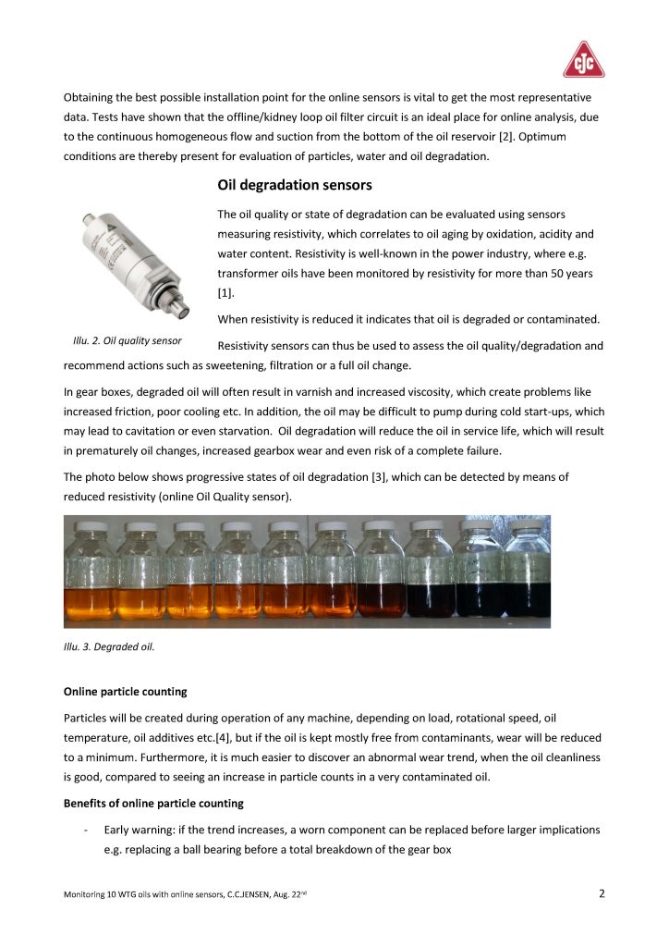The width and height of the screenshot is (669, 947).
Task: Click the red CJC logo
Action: [x=584, y=60]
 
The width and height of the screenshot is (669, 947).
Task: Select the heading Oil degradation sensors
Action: [x=295, y=186]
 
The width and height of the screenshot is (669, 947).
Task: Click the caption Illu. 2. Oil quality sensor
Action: [x=127, y=341]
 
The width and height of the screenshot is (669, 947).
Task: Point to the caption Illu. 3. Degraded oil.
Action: [x=108, y=646]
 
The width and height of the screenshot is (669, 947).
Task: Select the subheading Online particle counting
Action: [x=125, y=691]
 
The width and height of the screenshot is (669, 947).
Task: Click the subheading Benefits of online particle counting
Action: [x=153, y=803]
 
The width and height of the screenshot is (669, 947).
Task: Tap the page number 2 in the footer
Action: [x=602, y=893]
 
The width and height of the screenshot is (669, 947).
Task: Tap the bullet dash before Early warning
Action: [x=85, y=830]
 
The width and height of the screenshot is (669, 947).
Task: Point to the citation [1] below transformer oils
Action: [x=225, y=293]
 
